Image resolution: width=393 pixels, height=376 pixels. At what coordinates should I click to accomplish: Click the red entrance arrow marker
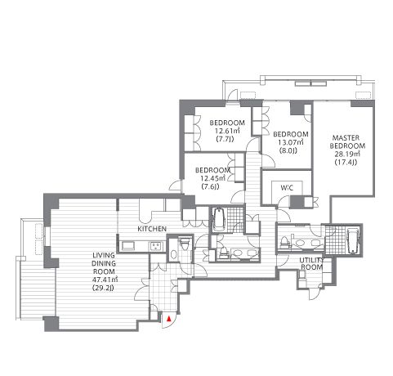(169, 318)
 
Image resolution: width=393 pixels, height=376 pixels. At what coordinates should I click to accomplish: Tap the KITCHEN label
(152, 229)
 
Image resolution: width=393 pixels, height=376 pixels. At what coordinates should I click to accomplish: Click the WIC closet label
(287, 188)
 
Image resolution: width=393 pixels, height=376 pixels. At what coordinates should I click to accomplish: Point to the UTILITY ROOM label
(311, 264)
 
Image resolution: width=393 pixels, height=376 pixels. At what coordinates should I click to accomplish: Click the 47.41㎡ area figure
(104, 280)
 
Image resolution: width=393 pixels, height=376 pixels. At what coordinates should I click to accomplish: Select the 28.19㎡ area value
(347, 154)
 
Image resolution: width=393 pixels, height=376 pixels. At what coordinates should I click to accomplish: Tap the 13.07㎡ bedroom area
(291, 142)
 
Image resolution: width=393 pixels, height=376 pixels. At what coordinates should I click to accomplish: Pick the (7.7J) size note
(225, 139)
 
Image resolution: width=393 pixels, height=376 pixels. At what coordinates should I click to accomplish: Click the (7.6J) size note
(211, 187)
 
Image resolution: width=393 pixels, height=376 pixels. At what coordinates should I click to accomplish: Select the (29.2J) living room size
(103, 288)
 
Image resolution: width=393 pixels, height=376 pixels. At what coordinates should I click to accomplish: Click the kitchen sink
(127, 246)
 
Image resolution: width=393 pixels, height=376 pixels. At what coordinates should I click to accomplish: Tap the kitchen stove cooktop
(155, 246)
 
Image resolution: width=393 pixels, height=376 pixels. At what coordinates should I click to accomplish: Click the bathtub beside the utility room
(353, 240)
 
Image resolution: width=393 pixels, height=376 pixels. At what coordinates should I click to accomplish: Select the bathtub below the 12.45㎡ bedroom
(220, 220)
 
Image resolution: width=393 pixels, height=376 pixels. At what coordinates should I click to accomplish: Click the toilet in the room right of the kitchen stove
(183, 244)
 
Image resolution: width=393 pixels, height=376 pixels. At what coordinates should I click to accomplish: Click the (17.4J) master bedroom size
(346, 163)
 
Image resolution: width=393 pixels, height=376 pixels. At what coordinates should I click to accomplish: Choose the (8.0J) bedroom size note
(288, 150)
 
